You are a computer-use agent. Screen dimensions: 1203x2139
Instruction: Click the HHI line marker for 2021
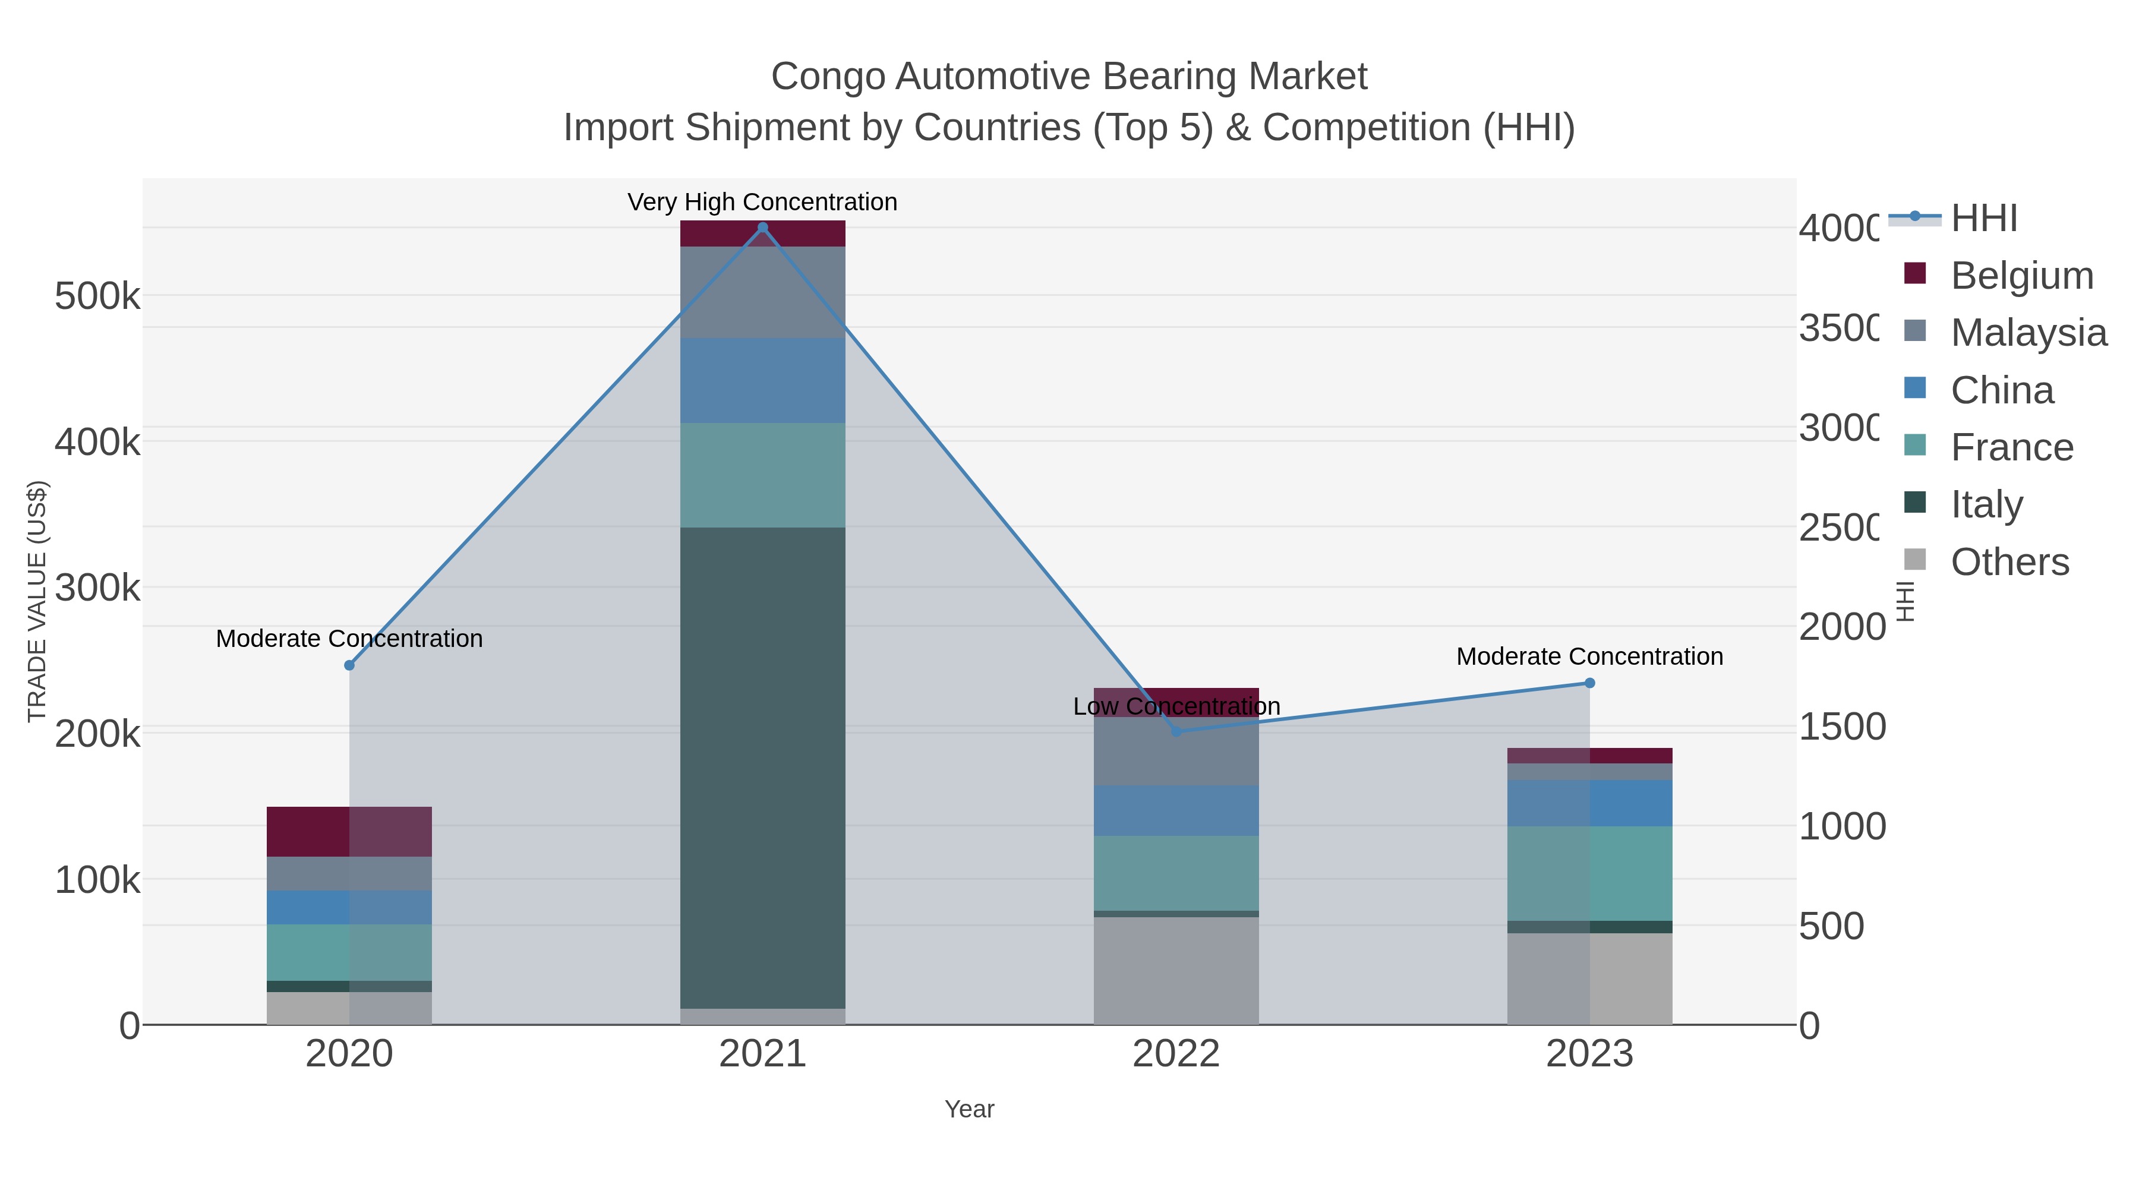[x=762, y=228]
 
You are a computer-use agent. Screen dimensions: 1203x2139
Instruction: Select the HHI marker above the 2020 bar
[x=349, y=665]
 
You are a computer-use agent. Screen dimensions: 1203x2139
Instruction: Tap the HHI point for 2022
[x=1176, y=731]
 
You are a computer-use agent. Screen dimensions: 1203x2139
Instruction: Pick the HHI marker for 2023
[x=1589, y=683]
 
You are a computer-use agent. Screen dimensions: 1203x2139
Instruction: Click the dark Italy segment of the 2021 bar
[x=762, y=768]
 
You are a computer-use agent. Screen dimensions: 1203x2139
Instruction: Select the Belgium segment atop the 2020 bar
[x=349, y=831]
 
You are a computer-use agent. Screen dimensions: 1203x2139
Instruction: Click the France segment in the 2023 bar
[x=1589, y=873]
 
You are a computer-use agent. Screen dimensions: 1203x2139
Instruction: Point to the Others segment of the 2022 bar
[x=1176, y=971]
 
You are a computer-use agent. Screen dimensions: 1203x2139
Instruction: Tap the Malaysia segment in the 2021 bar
[x=762, y=292]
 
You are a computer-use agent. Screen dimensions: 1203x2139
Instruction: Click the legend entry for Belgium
[x=2021, y=276]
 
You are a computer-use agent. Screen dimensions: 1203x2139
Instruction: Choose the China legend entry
[x=2001, y=390]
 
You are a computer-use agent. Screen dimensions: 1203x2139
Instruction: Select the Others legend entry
[x=2009, y=562]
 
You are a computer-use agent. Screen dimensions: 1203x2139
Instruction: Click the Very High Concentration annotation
[x=762, y=203]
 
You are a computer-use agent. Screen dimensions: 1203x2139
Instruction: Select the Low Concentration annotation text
[x=1176, y=706]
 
